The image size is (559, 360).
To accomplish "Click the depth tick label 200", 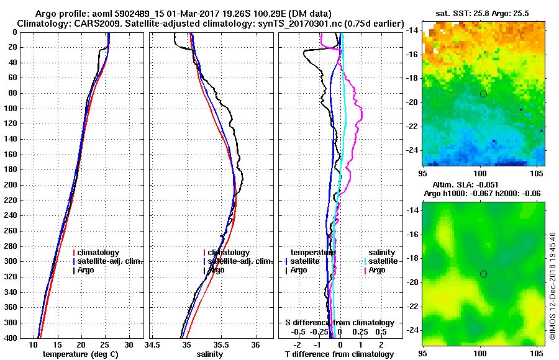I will [x=11, y=185].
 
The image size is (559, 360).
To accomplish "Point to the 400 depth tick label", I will [x=11, y=338].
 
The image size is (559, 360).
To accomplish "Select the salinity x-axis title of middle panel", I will [x=209, y=354].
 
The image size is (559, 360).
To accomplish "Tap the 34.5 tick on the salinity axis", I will [x=152, y=344].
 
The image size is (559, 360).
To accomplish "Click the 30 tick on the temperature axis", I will [x=129, y=344].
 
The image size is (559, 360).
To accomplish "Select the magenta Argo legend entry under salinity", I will [x=376, y=270].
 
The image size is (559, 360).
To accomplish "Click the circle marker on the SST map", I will [x=483, y=94].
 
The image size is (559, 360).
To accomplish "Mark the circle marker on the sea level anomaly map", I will [x=483, y=274].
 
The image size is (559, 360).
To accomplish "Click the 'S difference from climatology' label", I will [x=339, y=323].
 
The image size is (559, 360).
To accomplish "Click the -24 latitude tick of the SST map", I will [x=413, y=150].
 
